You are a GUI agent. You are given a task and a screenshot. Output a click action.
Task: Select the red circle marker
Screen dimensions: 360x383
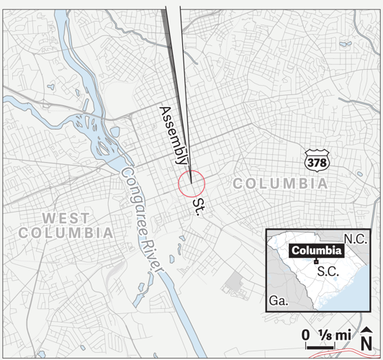(x=191, y=182)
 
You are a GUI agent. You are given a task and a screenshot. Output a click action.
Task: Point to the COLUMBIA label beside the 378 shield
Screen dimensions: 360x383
(x=281, y=184)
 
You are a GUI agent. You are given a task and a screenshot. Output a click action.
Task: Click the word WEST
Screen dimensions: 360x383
(x=66, y=217)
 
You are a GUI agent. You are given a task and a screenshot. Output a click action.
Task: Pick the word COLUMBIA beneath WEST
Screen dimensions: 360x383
(x=66, y=233)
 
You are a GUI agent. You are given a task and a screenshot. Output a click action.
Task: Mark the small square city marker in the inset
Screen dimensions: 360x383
(x=316, y=261)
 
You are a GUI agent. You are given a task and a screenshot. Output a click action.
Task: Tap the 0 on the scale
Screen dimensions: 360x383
(x=305, y=335)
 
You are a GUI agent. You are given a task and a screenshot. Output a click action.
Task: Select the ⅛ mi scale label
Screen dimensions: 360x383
(x=333, y=335)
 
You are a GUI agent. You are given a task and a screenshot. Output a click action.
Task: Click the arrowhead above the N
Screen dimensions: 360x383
(x=367, y=329)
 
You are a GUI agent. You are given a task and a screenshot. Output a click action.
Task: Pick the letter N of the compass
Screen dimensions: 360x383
(x=367, y=343)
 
